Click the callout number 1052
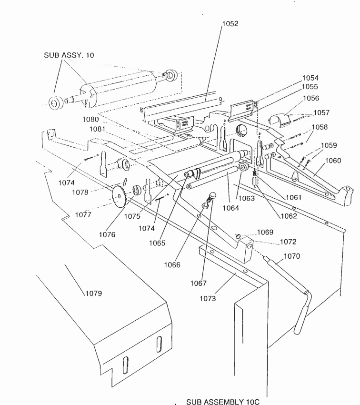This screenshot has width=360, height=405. [230, 24]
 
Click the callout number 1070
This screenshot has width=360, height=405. [292, 257]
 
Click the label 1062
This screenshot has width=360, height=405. [289, 216]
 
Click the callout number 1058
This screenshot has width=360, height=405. [320, 127]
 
